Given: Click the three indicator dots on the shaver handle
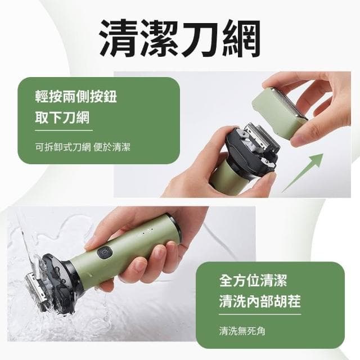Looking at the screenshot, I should click(x=146, y=232).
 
